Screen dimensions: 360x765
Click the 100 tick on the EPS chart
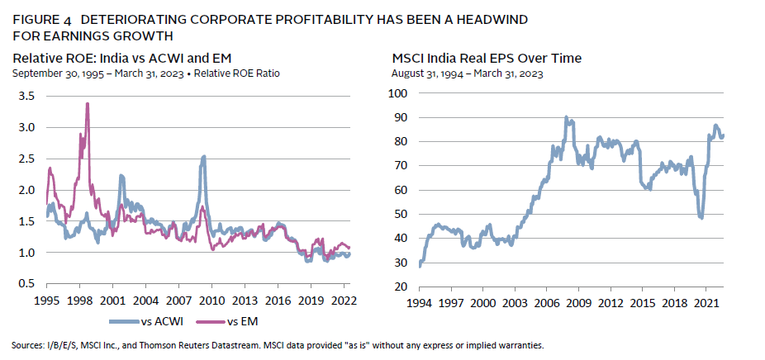tap(400, 93)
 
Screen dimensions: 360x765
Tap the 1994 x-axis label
tap(421, 303)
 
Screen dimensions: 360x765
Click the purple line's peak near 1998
tap(88, 104)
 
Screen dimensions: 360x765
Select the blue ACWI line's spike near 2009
tap(203, 157)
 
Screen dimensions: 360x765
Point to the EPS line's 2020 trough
tap(701, 217)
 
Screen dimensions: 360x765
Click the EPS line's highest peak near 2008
tap(566, 117)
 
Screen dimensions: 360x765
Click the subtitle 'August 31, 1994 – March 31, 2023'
tap(466, 73)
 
